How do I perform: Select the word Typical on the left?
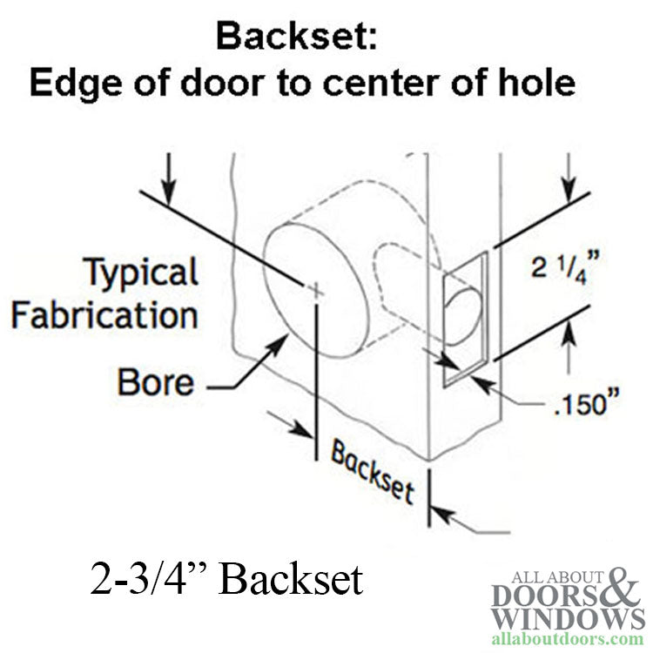(141, 273)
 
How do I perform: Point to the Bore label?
(156, 382)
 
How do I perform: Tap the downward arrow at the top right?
(569, 184)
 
